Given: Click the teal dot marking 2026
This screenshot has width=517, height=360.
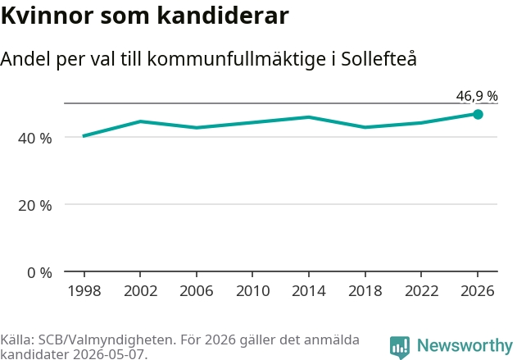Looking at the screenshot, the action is [478, 115].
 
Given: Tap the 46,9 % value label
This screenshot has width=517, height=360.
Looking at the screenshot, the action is [477, 96].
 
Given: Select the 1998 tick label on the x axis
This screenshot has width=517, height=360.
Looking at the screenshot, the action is [84, 291].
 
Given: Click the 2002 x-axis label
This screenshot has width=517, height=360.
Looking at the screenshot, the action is [140, 291].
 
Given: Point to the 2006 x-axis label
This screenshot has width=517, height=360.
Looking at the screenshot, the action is [197, 291].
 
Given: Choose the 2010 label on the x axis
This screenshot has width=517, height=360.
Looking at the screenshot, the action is [253, 291].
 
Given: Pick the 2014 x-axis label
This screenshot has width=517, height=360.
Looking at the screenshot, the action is [309, 291].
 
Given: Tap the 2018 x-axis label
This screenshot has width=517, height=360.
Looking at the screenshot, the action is [365, 291].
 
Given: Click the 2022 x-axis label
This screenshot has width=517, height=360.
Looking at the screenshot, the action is [421, 291].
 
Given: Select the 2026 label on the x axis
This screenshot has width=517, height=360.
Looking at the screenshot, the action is [478, 291].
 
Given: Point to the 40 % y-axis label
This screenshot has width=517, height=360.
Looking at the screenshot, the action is [35, 139].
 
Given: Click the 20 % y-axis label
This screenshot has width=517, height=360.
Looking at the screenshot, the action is [35, 206].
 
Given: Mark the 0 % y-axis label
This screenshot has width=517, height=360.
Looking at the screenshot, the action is [39, 273].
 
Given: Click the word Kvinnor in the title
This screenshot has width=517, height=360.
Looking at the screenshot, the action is [48, 16].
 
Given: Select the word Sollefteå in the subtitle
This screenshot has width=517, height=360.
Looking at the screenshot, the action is [379, 59].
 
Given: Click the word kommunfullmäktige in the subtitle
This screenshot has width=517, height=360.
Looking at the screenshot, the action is [237, 60].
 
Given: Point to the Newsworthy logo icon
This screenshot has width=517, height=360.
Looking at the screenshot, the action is [400, 347].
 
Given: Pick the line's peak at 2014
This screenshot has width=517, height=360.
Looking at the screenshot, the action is [309, 116].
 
